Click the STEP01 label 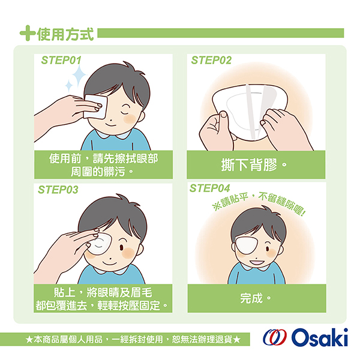[61, 60]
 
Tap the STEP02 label [211, 60]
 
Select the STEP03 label [58, 190]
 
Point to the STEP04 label [209, 188]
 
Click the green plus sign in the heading [28, 33]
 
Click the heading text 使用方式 [65, 34]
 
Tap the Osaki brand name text [320, 337]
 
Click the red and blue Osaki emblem [275, 337]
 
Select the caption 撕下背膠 [254, 164]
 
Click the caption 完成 [256, 298]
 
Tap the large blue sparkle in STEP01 [79, 74]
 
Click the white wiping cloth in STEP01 [95, 107]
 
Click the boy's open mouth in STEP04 [257, 262]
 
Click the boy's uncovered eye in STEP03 [122, 247]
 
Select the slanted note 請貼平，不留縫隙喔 [259, 203]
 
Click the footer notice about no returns [133, 339]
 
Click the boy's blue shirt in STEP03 [112, 275]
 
